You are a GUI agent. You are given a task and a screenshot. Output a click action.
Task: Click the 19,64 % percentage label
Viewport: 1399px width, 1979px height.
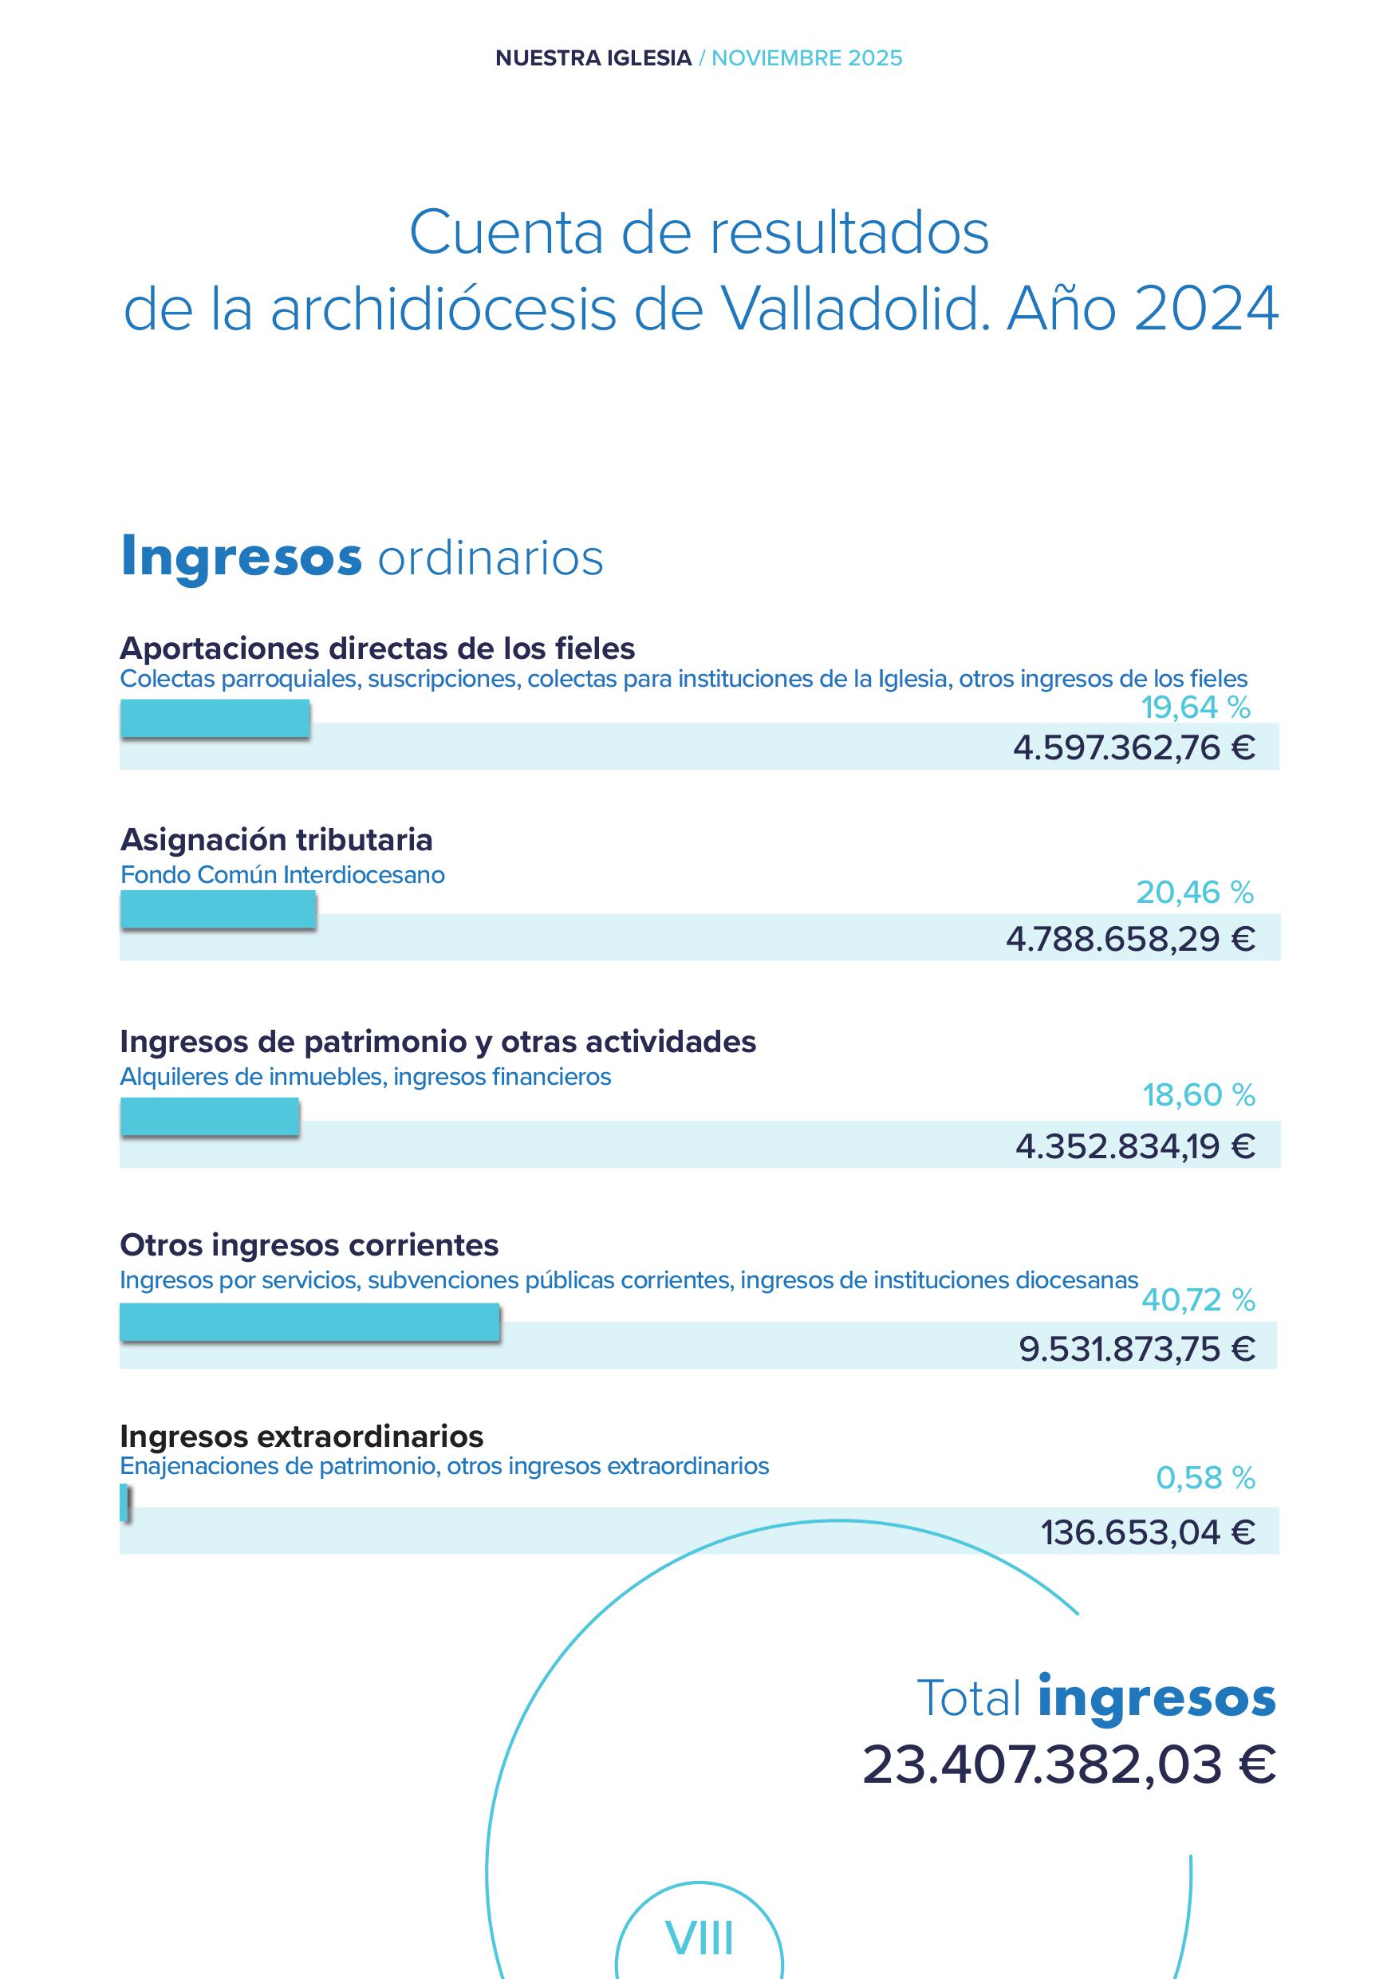coord(1196,708)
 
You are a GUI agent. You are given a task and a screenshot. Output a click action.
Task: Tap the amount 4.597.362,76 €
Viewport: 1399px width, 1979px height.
coord(1133,747)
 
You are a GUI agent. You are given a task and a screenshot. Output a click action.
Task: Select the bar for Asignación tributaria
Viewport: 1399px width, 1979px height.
coord(218,909)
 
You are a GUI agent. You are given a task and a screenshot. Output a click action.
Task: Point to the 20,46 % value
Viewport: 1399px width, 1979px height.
coord(1194,892)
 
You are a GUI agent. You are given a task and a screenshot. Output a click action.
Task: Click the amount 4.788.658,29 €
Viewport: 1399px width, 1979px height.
coord(1129,939)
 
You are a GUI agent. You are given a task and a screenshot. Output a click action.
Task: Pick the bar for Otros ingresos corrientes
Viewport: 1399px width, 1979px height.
coord(309,1322)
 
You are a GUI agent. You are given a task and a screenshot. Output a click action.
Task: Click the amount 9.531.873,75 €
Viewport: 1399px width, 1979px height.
coord(1136,1349)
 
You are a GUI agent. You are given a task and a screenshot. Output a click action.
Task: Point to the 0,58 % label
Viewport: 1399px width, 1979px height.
coord(1204,1478)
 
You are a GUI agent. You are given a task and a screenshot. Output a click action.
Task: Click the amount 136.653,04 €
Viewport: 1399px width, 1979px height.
coord(1146,1532)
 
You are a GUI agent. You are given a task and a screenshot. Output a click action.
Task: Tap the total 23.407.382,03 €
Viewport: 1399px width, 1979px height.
coord(1068,1764)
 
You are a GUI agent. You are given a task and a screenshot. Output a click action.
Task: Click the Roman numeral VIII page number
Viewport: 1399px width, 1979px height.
coord(699,1938)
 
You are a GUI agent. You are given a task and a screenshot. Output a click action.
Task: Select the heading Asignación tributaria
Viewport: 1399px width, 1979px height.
coord(276,839)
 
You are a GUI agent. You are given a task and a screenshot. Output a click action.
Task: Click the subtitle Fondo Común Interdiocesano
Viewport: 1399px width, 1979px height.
coord(282,875)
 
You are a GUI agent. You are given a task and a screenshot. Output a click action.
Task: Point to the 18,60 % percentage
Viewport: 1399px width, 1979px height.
coord(1198,1095)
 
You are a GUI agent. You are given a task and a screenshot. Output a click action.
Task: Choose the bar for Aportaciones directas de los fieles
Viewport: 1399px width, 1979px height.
coord(215,718)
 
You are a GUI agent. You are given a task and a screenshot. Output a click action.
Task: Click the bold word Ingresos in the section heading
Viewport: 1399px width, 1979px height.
coord(242,556)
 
